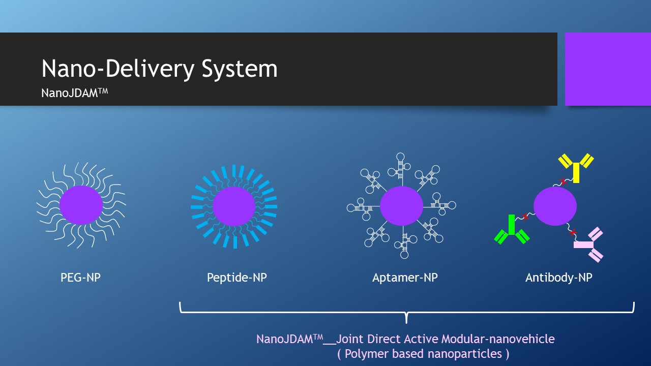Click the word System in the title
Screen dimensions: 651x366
click(x=240, y=69)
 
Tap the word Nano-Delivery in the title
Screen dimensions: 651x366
click(x=117, y=69)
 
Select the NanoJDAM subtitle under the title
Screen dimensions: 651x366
click(x=75, y=93)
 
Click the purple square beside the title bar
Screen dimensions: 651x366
click(x=608, y=69)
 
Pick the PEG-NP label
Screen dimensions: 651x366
click(x=80, y=278)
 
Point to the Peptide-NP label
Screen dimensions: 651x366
click(x=237, y=278)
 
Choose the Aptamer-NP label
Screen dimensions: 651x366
click(x=405, y=278)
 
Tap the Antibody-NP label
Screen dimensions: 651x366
click(x=559, y=278)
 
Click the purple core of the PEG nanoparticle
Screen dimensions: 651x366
click(x=81, y=205)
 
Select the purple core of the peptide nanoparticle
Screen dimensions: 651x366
click(x=234, y=206)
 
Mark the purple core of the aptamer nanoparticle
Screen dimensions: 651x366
click(x=402, y=206)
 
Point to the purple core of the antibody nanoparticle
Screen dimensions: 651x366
click(x=555, y=206)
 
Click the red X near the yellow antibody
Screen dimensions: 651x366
click(x=564, y=182)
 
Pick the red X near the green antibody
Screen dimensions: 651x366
click(x=525, y=217)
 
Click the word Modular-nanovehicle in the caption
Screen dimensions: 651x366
click(x=498, y=339)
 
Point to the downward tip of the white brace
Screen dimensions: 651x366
click(x=406, y=323)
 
